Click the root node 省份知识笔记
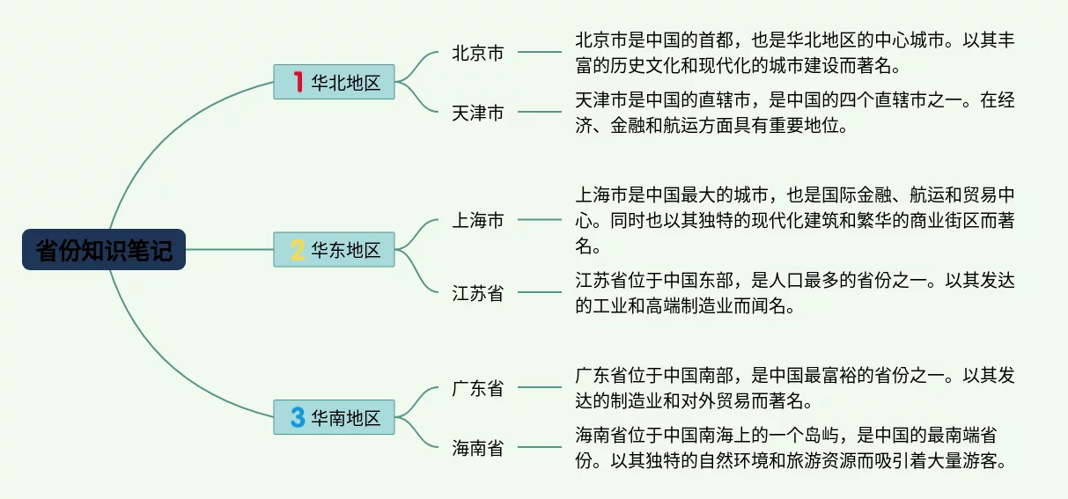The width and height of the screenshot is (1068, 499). click(x=104, y=250)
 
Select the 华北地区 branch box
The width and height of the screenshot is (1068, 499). click(x=335, y=82)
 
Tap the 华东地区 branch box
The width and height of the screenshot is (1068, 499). click(x=335, y=250)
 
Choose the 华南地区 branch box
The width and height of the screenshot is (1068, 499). click(x=335, y=417)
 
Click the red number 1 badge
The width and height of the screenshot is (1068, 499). click(x=298, y=82)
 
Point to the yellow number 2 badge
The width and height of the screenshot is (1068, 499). click(x=298, y=250)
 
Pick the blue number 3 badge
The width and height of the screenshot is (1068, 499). click(x=298, y=417)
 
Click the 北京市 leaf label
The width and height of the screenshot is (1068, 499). click(x=478, y=53)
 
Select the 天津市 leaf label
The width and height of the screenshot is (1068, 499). click(x=478, y=113)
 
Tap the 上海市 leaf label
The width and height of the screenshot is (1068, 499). click(x=478, y=220)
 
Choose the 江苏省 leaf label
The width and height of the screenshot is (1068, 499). click(x=478, y=293)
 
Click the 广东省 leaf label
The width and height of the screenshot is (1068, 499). click(x=478, y=388)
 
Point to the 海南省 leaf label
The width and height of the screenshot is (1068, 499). click(x=478, y=448)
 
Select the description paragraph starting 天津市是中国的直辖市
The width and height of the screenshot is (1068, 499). click(x=795, y=113)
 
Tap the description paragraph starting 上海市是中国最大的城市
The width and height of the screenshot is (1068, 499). click(x=795, y=220)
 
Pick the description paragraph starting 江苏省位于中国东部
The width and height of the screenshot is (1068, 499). click(x=795, y=293)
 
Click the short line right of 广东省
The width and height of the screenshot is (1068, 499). click(x=539, y=388)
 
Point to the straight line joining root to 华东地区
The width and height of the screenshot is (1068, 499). click(x=229, y=250)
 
